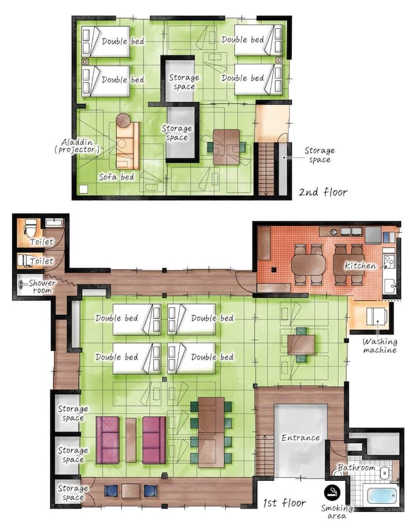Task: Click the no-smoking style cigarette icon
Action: pyautogui.click(x=332, y=492)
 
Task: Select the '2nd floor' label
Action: pyautogui.click(x=323, y=192)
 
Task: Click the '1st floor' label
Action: pyautogui.click(x=284, y=503)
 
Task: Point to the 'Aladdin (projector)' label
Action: pyautogui.click(x=77, y=146)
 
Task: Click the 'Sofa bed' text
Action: pyautogui.click(x=117, y=177)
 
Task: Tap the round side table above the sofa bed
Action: pyautogui.click(x=124, y=120)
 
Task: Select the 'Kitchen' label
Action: pyautogui.click(x=360, y=266)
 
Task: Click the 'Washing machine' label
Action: pyautogui.click(x=380, y=346)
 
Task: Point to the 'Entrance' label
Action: pyautogui.click(x=300, y=437)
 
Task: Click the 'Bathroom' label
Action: pyautogui.click(x=356, y=467)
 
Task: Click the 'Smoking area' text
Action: pyautogui.click(x=337, y=512)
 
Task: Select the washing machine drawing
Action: pyautogui.click(x=377, y=316)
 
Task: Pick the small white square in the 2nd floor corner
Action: pyautogui.click(x=83, y=189)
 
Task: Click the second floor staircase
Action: pyautogui.click(x=266, y=169)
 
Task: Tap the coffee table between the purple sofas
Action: pyautogui.click(x=131, y=440)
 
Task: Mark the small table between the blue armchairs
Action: pyautogui.click(x=131, y=491)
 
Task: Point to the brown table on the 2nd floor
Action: pyautogui.click(x=226, y=147)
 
